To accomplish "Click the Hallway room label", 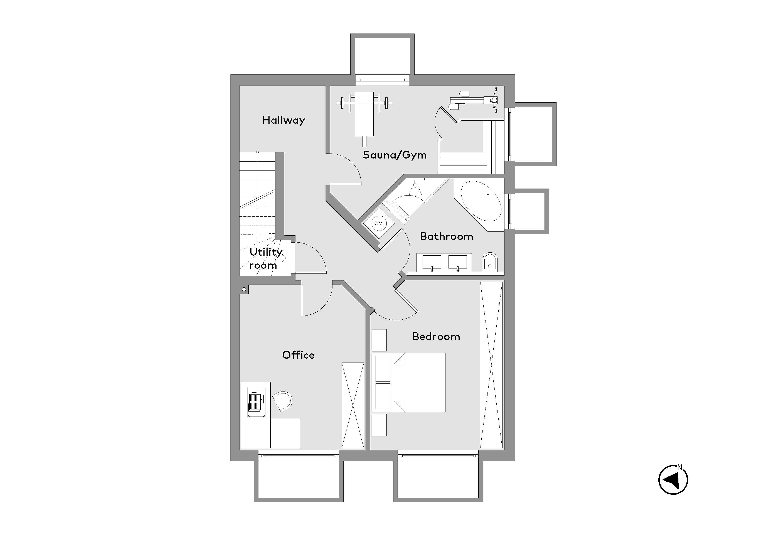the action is point(283,120).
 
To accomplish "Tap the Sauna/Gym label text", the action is point(395,155).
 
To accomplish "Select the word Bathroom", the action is point(446,236).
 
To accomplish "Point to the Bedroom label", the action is point(436,336).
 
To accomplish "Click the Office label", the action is point(298,355).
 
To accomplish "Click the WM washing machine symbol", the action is point(378,224).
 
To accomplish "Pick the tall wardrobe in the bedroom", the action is point(491,365).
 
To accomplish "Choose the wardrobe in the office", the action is point(353,405).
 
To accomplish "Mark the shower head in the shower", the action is point(415,185).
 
